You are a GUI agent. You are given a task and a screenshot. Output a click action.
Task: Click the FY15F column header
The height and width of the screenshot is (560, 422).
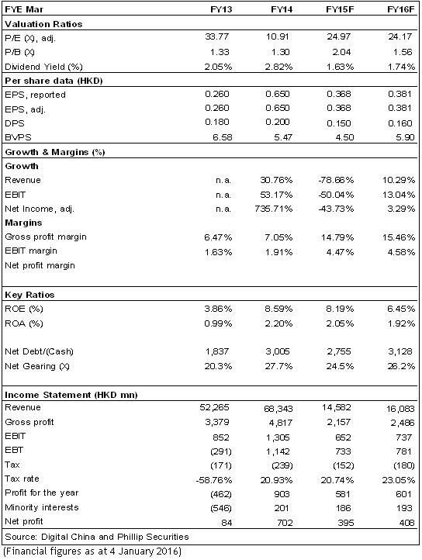click(x=340, y=9)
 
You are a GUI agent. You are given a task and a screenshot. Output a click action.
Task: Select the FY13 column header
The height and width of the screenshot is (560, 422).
click(x=221, y=9)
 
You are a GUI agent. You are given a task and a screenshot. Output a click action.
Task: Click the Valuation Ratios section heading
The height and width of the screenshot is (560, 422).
click(x=43, y=24)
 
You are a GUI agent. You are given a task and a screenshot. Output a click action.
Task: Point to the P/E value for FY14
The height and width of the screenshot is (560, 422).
click(x=278, y=36)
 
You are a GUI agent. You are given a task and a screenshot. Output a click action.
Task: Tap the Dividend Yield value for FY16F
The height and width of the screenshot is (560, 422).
click(x=401, y=67)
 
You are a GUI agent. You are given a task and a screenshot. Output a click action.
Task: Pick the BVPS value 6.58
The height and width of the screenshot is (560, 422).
click(x=223, y=137)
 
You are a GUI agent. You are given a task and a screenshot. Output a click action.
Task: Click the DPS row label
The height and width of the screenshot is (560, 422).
click(x=15, y=123)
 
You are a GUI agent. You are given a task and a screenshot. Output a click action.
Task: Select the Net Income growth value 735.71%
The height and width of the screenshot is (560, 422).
click(x=273, y=209)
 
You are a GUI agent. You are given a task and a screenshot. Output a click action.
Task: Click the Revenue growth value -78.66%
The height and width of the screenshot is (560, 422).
click(x=336, y=180)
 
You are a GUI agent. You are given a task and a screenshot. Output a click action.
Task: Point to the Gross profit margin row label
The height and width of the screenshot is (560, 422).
click(x=46, y=237)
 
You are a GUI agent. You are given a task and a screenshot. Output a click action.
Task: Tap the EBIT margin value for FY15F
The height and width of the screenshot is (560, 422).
click(x=340, y=252)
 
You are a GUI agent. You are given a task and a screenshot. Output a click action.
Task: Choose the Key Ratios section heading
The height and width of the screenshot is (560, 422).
click(x=29, y=295)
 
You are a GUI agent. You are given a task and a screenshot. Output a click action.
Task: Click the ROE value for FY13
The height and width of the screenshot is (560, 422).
click(x=218, y=309)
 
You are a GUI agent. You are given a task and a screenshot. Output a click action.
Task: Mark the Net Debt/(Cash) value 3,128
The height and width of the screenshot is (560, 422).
click(x=400, y=351)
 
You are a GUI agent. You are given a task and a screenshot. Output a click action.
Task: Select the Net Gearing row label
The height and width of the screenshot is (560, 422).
click(x=37, y=366)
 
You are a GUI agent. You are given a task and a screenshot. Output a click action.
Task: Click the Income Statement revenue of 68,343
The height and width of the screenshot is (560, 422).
click(x=278, y=408)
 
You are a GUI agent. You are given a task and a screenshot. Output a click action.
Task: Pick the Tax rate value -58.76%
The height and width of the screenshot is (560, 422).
click(x=213, y=480)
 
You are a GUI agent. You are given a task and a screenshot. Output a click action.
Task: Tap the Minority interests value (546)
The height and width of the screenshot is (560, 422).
click(x=221, y=508)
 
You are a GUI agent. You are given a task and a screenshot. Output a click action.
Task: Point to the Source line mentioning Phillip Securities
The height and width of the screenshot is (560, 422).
click(x=97, y=537)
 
